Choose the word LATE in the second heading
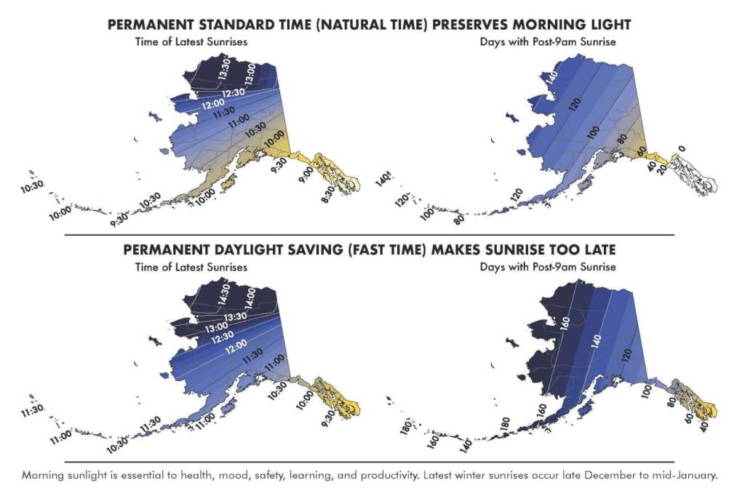point(598,249)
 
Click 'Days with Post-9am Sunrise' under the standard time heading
point(548,41)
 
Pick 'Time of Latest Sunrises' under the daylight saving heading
point(191,267)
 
